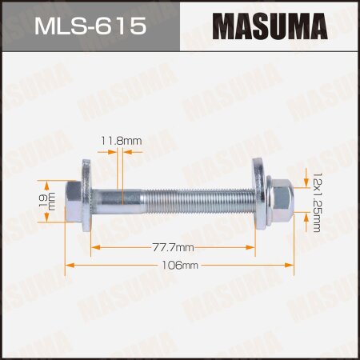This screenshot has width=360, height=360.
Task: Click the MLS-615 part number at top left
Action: [90, 26]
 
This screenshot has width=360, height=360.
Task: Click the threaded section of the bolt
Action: [200, 195]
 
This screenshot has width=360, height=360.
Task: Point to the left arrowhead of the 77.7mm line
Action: [94, 249]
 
